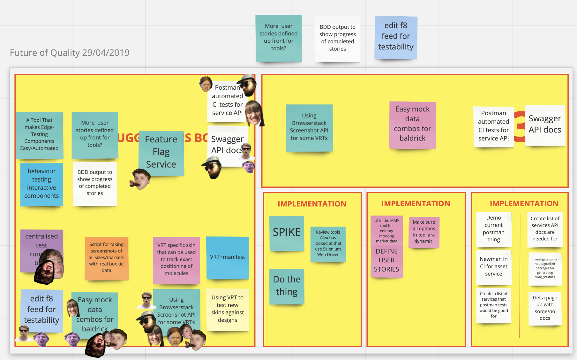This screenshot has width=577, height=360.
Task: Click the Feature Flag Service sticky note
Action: (x=161, y=152)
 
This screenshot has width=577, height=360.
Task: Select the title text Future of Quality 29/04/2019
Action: (x=70, y=53)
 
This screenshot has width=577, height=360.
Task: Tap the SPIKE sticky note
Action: (x=287, y=232)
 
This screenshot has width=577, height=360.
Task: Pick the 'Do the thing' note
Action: (x=287, y=286)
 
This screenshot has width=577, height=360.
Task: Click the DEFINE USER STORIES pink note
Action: (x=386, y=260)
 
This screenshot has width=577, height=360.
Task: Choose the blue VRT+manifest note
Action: (x=227, y=257)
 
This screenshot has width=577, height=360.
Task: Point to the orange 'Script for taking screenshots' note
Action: (x=106, y=258)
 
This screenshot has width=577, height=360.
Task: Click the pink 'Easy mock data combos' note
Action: (x=412, y=124)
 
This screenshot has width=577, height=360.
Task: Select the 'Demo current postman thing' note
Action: (x=493, y=229)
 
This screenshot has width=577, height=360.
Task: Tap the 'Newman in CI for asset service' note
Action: (x=493, y=267)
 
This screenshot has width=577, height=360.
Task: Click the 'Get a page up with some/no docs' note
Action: (x=545, y=308)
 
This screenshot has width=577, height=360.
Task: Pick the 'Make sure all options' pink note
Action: (x=424, y=232)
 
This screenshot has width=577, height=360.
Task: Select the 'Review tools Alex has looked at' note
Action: (x=328, y=244)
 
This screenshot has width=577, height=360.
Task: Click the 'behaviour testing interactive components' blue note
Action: (x=41, y=184)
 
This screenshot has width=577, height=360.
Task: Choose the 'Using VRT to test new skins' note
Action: (x=227, y=309)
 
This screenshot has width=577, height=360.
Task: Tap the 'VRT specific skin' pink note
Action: (x=176, y=259)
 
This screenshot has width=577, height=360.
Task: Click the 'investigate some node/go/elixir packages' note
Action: (x=545, y=268)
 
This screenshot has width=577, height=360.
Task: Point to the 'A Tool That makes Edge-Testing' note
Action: (x=39, y=134)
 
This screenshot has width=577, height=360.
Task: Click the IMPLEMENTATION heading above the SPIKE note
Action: (x=312, y=204)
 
